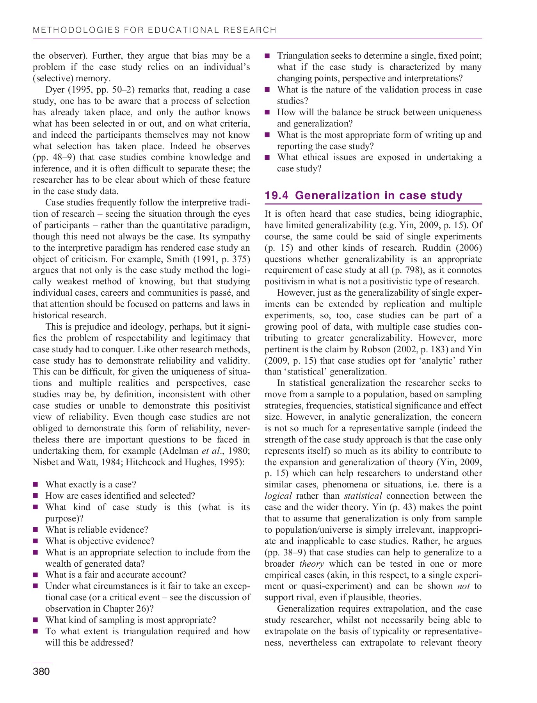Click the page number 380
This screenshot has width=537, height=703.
pyautogui.click(x=41, y=671)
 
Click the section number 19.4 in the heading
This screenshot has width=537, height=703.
pyautogui.click(x=277, y=195)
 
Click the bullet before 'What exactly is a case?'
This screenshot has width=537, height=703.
pyautogui.click(x=36, y=485)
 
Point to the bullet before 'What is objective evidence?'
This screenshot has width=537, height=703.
pyautogui.click(x=36, y=541)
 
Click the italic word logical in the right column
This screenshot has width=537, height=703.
pyautogui.click(x=278, y=496)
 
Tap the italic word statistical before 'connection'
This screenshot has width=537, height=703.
pyautogui.click(x=363, y=496)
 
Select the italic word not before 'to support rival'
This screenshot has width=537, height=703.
pyautogui.click(x=463, y=587)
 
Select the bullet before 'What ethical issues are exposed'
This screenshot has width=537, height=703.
pyautogui.click(x=267, y=158)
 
